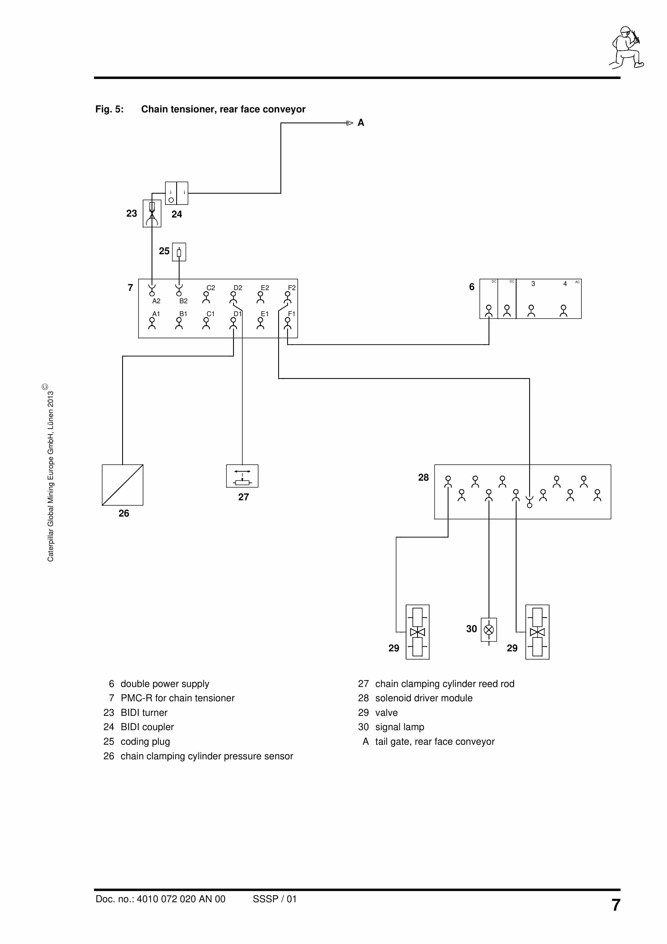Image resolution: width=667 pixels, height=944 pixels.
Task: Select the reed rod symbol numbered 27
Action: pos(242,476)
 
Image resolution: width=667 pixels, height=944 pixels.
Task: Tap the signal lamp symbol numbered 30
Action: pos(489,630)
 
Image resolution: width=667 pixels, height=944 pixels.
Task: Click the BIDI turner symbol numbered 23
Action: pos(152,213)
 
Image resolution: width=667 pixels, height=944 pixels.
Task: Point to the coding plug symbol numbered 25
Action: pos(179,252)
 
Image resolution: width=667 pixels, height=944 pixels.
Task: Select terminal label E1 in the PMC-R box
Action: pos(265,314)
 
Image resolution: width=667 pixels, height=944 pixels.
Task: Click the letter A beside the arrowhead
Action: pos(361,122)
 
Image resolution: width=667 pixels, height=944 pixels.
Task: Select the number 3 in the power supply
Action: pos(533,284)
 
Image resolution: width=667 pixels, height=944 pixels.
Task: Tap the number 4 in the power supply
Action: pos(565,284)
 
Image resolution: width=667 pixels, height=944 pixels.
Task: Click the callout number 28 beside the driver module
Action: pos(423,477)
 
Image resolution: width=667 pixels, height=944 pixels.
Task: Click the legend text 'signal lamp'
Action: pos(399,727)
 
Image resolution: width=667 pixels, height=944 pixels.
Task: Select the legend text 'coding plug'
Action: pos(145,741)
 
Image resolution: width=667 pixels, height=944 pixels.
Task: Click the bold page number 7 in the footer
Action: pos(615,905)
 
